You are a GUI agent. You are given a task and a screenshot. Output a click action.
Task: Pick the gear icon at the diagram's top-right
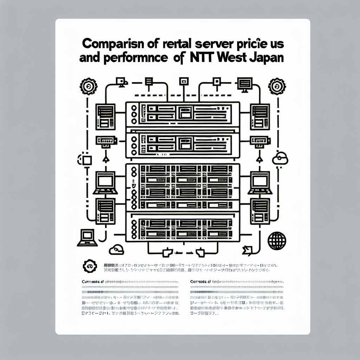(x=276, y=85)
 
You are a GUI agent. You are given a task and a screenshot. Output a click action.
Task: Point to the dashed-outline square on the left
(x=86, y=160)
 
